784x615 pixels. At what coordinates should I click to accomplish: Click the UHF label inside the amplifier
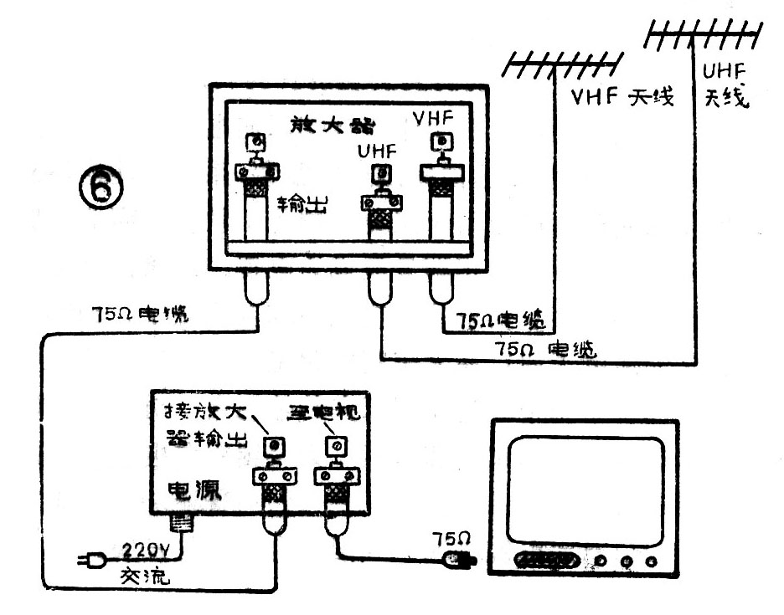click(x=374, y=153)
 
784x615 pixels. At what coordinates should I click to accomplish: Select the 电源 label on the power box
click(x=195, y=490)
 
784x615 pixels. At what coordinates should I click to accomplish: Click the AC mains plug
click(x=90, y=561)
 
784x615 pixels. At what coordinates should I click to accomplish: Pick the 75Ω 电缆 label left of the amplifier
click(x=141, y=316)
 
